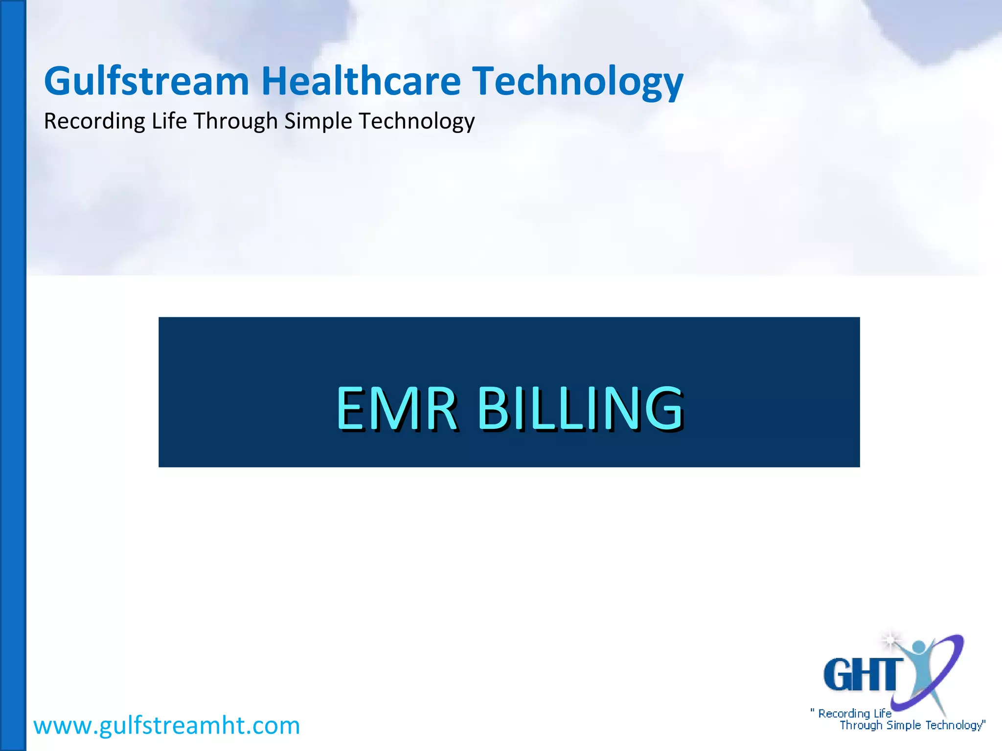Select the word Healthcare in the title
[361, 81]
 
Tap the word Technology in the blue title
[577, 82]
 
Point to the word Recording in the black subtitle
[94, 121]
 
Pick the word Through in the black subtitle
[236, 121]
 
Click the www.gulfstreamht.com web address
[166, 725]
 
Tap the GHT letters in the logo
[863, 675]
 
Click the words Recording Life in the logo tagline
[854, 713]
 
